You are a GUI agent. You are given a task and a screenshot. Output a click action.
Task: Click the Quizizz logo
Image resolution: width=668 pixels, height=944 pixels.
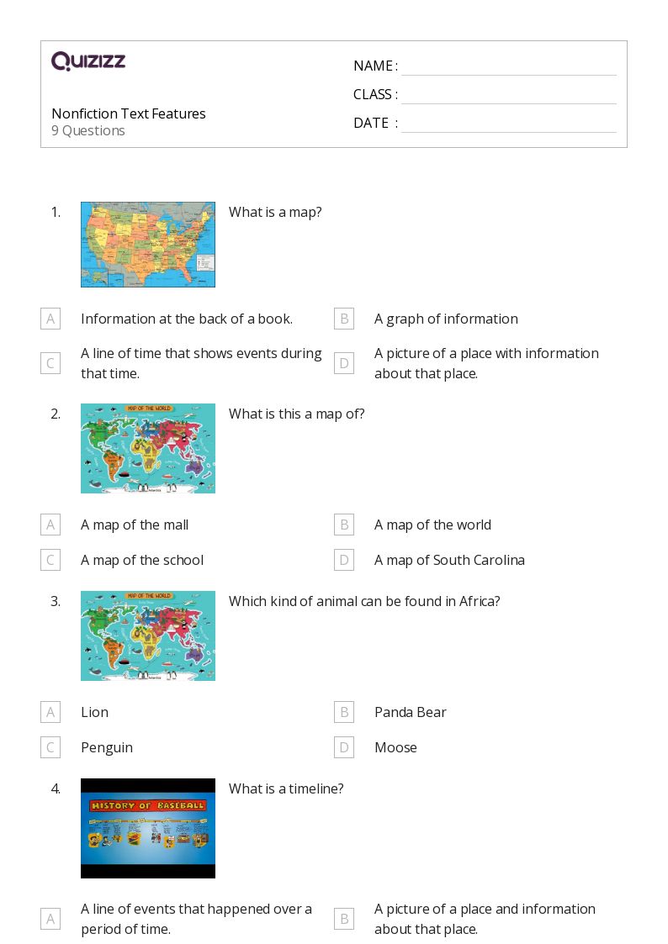tap(88, 61)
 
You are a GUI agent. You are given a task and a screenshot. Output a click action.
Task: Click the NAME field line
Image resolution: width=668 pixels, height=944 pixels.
tap(508, 67)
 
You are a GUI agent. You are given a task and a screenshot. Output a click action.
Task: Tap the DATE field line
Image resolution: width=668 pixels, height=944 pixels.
tap(508, 124)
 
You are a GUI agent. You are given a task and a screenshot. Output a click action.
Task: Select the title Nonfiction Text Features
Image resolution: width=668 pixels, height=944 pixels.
tap(129, 113)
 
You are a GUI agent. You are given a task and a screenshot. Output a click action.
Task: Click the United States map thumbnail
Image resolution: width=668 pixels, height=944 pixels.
tap(148, 245)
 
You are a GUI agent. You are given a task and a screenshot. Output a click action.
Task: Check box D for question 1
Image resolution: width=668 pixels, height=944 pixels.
tap(343, 363)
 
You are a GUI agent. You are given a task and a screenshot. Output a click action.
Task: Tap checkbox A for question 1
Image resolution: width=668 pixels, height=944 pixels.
tap(50, 319)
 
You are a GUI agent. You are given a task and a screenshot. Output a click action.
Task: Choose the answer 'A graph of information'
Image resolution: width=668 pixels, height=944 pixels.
tap(446, 319)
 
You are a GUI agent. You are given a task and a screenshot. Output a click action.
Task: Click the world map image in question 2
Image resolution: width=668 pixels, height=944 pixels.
tap(148, 448)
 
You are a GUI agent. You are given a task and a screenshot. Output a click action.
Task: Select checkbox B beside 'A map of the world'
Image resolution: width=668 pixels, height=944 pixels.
tap(343, 525)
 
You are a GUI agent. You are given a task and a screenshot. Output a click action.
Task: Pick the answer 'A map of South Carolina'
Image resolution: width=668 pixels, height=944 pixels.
tap(449, 560)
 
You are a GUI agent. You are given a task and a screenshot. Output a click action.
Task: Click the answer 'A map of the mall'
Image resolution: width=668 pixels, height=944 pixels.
tap(135, 525)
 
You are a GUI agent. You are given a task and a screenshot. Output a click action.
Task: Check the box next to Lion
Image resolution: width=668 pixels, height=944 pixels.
tap(50, 712)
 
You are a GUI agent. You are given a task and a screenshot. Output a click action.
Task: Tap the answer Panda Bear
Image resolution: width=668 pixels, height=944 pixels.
tap(411, 712)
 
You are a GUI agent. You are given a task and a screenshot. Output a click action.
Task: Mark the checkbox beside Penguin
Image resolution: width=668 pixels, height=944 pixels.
tap(50, 747)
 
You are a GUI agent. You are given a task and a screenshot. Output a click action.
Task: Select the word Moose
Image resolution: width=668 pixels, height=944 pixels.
tap(395, 747)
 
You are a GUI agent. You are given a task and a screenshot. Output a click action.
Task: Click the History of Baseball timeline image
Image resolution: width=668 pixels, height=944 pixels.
tap(148, 828)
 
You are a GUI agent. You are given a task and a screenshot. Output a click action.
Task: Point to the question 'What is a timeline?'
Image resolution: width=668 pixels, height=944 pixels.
tap(286, 788)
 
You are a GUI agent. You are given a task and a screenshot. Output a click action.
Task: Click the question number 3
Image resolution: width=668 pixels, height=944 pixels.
tap(56, 601)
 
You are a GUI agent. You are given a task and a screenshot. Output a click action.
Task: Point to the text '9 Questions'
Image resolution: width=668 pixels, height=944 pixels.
tap(88, 131)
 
